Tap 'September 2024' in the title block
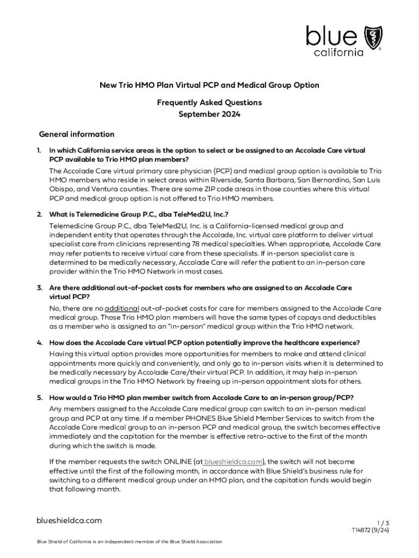[x=209, y=114]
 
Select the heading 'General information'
[x=77, y=134]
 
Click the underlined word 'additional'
[x=122, y=308]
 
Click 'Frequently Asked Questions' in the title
[x=209, y=102]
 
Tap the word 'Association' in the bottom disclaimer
[x=207, y=541]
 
